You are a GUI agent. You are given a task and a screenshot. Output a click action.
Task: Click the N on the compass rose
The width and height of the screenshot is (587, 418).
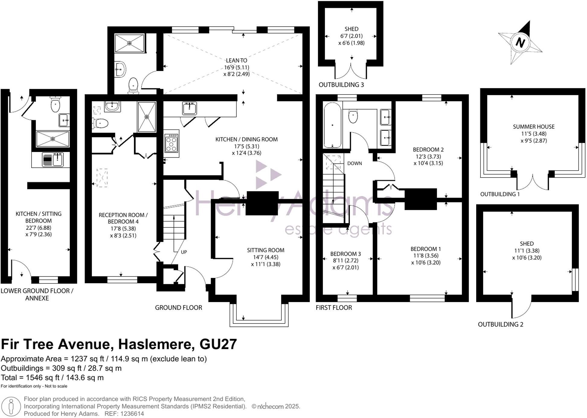point(520,42)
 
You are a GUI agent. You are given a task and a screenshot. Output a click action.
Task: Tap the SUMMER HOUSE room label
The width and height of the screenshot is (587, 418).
point(534,127)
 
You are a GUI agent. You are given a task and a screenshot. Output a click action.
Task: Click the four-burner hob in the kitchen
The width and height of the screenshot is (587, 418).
point(171,143)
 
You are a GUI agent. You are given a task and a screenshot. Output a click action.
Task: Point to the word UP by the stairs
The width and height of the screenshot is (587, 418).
point(184,252)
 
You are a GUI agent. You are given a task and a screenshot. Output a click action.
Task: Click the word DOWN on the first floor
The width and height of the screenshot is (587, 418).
point(354,163)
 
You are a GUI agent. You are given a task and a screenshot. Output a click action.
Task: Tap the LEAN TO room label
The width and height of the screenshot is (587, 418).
point(236,60)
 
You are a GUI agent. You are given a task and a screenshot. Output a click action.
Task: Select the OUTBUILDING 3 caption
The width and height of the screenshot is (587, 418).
point(341,85)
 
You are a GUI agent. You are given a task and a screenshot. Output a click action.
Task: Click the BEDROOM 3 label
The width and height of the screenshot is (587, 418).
point(345,254)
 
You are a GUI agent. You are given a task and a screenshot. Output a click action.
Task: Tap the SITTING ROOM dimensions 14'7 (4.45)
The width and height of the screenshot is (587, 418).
point(265,257)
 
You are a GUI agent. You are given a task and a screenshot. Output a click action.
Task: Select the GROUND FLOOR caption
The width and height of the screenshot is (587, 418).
point(178,307)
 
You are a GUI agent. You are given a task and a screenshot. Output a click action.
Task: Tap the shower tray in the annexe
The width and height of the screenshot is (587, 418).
point(53,139)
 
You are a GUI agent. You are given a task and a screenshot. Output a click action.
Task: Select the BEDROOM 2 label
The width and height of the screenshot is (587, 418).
point(428,150)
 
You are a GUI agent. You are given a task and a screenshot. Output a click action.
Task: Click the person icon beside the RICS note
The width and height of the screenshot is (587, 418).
point(11,407)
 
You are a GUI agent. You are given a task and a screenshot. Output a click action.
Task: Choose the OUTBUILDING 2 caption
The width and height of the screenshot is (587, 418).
point(500,324)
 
